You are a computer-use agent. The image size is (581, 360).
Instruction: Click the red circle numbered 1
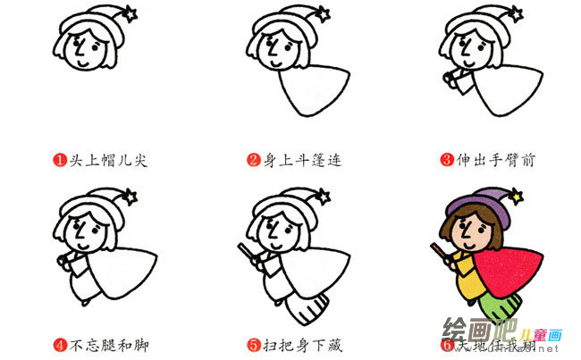tap(59, 161)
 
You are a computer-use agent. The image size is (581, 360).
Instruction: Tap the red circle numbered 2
tap(254, 161)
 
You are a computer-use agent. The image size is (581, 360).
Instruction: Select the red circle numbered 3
tap(447, 161)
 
